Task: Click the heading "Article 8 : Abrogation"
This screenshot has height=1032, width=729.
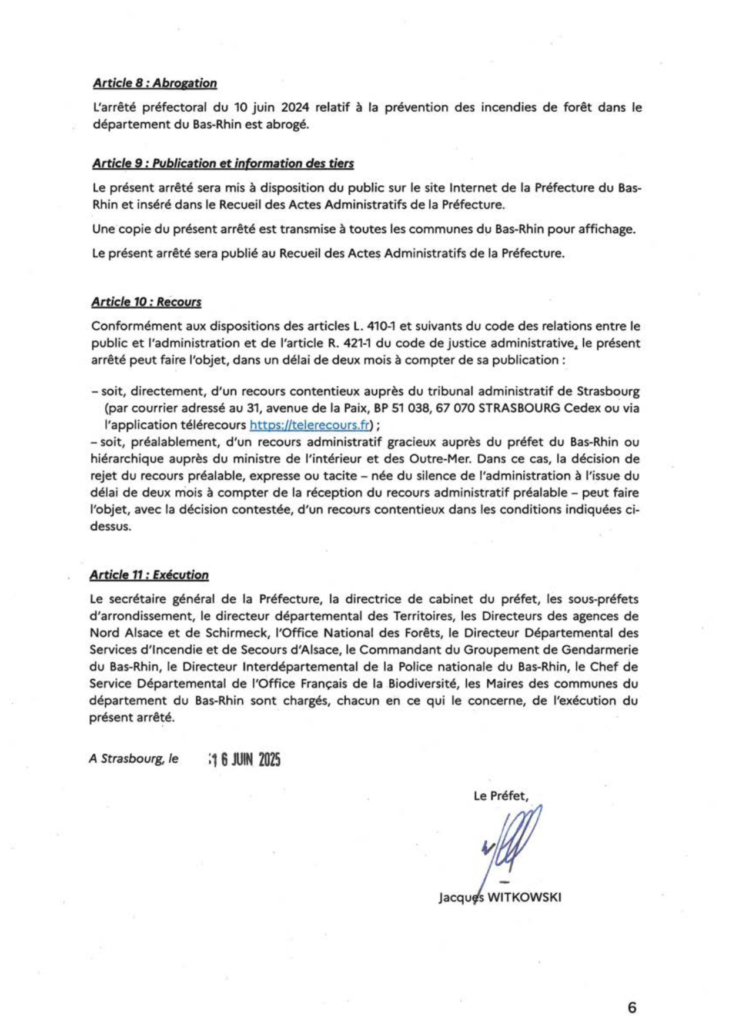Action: point(155,83)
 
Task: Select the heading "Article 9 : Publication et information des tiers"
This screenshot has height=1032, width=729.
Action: point(223,163)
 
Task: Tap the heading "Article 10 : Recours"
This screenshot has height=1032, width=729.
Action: point(146,302)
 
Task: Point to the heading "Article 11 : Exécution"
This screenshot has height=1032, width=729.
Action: point(149,575)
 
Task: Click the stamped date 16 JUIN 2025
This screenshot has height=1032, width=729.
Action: point(245,760)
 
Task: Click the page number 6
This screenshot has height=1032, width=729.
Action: point(632,1008)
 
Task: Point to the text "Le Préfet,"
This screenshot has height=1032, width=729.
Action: point(501,796)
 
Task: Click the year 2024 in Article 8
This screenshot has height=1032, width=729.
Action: point(296,108)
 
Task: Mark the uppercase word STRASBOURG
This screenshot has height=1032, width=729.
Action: point(519,408)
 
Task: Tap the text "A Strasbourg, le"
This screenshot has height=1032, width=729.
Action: point(133,759)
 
